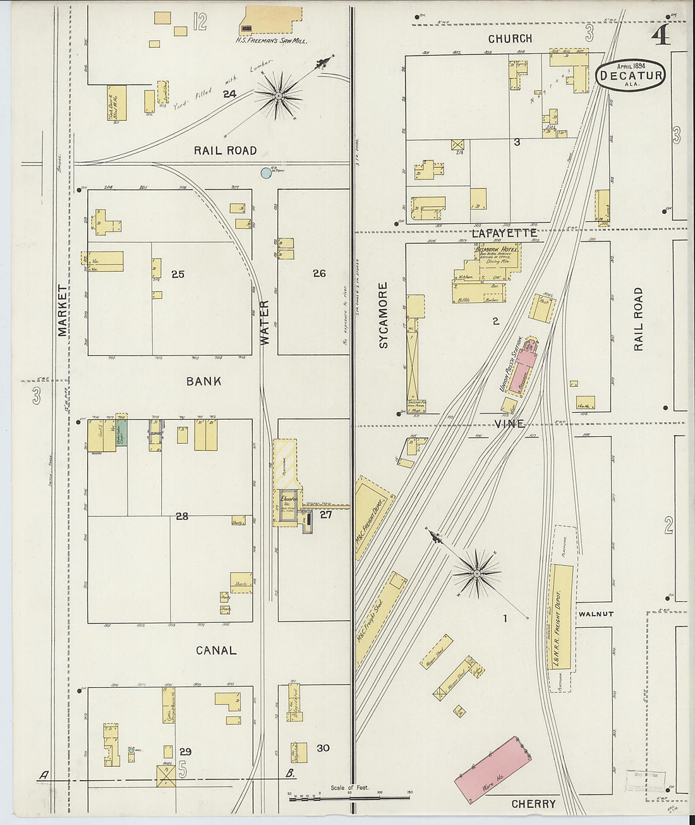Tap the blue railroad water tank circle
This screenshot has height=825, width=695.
coord(267,172)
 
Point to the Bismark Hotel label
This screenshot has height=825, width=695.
coord(497,249)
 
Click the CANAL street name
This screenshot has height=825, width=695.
coord(216,650)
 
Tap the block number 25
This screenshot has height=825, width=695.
coord(178,274)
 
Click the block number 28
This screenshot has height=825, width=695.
coord(182,516)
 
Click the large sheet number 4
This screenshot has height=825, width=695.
coord(661,37)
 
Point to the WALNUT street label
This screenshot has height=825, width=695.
coord(596,614)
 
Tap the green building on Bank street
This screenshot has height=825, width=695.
coord(121,436)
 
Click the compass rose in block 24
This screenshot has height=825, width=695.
coord(277,95)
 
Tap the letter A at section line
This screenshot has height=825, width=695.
coord(44,775)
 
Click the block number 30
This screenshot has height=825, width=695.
coord(323,748)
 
